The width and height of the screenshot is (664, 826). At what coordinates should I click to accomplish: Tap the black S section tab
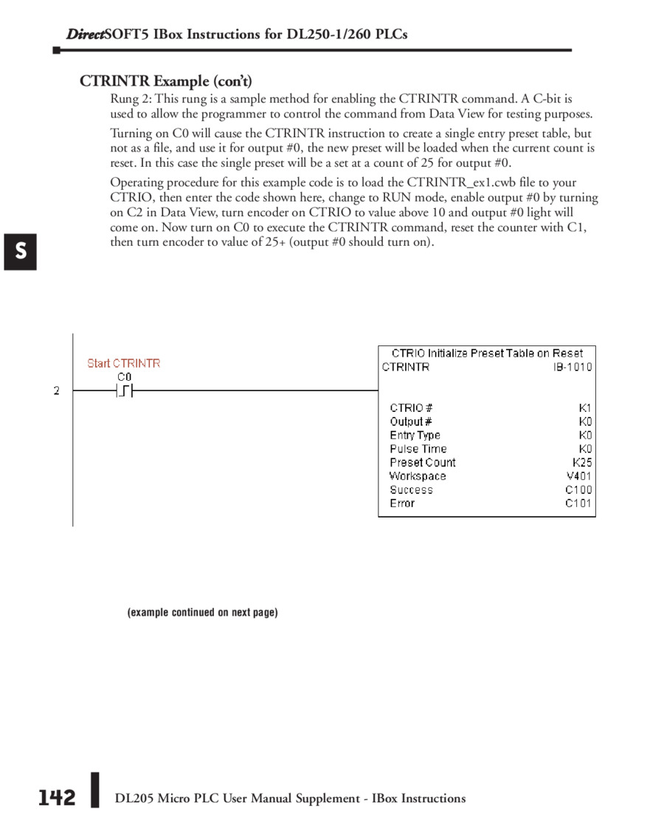click(21, 251)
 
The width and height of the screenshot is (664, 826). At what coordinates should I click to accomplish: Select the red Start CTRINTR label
click(124, 363)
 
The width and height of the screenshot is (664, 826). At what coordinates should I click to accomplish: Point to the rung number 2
click(56, 390)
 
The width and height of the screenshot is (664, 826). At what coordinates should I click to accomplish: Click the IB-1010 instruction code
click(573, 367)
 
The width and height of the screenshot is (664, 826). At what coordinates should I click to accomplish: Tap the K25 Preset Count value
click(581, 463)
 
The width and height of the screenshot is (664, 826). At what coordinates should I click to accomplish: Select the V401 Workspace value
click(579, 476)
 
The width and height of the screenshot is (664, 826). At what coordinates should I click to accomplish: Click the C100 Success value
click(578, 489)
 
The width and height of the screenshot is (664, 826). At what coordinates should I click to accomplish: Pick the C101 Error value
click(578, 503)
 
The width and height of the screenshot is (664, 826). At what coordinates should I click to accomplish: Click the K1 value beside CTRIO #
click(585, 407)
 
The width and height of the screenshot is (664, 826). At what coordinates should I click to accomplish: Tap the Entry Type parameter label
click(415, 436)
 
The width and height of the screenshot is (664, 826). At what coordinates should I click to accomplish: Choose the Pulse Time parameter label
click(418, 449)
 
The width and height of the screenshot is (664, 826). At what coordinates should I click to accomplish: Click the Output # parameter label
click(411, 421)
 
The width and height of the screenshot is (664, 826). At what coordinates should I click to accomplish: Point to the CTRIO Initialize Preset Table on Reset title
click(487, 354)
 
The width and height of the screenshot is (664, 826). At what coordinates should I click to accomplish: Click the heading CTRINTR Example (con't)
click(166, 80)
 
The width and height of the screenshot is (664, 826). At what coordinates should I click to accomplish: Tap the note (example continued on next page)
click(203, 613)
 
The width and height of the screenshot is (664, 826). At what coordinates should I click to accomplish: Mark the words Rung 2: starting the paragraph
click(131, 98)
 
